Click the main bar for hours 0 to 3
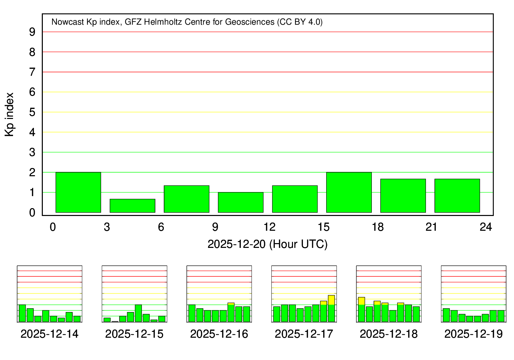[x=78, y=192]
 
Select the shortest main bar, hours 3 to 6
[x=132, y=206]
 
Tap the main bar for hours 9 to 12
[x=241, y=202]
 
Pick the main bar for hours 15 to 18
[x=349, y=192]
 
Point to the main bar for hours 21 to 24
[x=457, y=196]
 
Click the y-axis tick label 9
[x=32, y=32]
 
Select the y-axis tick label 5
[x=32, y=112]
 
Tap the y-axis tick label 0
[x=32, y=213]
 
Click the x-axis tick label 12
[x=269, y=227]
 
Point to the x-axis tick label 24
[x=486, y=227]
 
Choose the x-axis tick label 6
[x=161, y=227]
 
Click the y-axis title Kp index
[x=10, y=115]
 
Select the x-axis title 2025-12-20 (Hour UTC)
[x=268, y=244]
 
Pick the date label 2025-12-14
[x=49, y=334]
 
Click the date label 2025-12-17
[x=304, y=334]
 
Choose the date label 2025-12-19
[x=474, y=334]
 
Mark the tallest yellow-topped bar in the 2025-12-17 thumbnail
[x=331, y=308]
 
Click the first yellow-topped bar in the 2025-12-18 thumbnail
[x=362, y=309]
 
